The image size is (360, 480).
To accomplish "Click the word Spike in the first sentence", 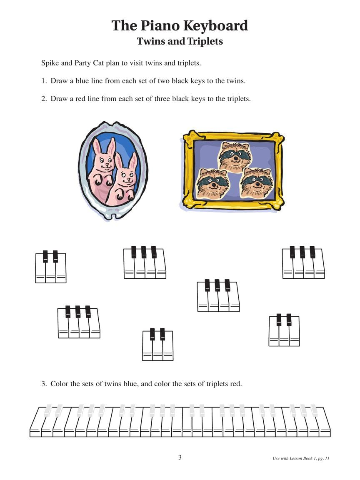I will click(x=50, y=63).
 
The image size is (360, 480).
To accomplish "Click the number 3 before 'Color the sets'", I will click(x=43, y=383).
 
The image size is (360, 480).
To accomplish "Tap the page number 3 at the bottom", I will click(x=180, y=457).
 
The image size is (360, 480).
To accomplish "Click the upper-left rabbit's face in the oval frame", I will click(x=102, y=160).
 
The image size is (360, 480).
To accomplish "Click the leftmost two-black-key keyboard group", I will click(x=50, y=267).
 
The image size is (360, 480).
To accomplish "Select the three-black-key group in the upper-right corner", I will click(x=303, y=262).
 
